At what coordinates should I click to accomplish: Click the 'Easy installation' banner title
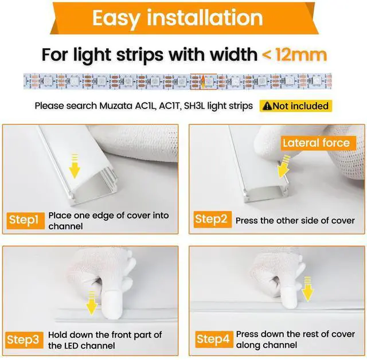(178, 18)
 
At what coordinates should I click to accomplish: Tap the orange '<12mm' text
(294, 54)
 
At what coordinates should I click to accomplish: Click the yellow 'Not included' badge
(296, 106)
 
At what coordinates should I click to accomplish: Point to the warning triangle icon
(267, 106)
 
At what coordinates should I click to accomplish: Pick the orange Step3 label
(23, 340)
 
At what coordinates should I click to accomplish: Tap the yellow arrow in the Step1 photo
(75, 166)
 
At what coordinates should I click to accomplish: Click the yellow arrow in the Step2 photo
(284, 166)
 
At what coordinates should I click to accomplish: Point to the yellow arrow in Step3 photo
(91, 303)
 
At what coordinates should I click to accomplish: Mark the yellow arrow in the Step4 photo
(307, 289)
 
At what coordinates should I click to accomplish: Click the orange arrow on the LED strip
(203, 81)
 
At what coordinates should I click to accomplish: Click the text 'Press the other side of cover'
(295, 221)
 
